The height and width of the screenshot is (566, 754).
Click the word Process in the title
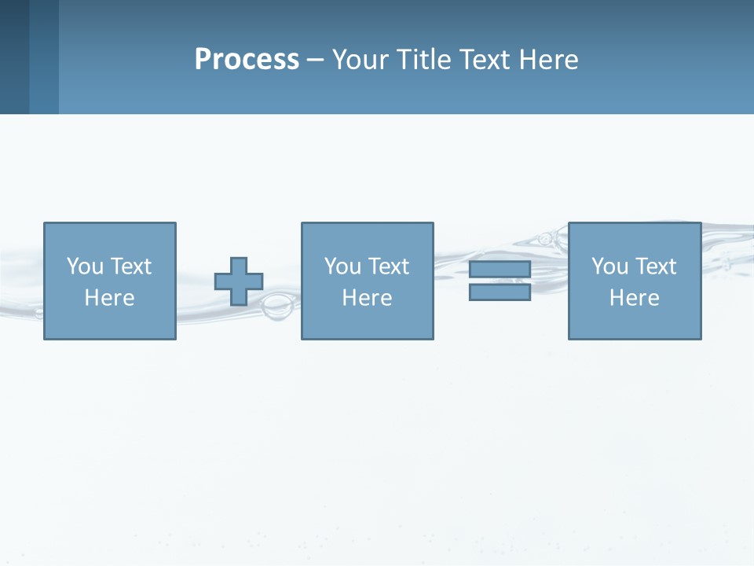tap(247, 60)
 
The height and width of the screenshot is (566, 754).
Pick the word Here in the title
tap(550, 60)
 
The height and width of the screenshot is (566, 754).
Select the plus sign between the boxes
tap(239, 281)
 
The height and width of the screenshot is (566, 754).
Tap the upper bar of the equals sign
tap(500, 269)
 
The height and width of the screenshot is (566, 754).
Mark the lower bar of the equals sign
tap(500, 292)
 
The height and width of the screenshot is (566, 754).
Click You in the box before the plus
tap(84, 266)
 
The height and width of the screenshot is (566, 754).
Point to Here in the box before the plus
tap(109, 298)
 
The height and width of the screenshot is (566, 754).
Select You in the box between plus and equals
tap(342, 266)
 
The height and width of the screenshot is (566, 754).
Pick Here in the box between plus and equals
tap(367, 298)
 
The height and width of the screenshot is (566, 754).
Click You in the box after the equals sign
tap(609, 266)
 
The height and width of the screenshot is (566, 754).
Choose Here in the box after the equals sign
tap(634, 298)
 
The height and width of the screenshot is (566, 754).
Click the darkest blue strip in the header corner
tap(14, 57)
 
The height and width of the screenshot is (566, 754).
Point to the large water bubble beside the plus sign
tap(276, 307)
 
